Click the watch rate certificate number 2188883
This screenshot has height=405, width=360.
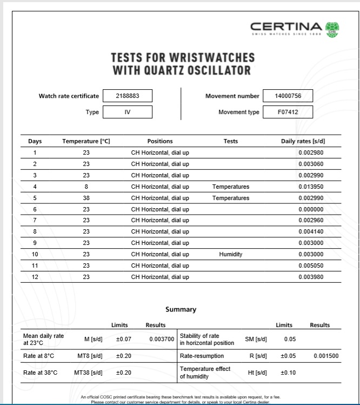click(128, 96)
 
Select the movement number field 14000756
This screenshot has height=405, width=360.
click(288, 96)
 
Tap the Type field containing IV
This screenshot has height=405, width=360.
click(128, 112)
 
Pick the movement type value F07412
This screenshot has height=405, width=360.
click(288, 112)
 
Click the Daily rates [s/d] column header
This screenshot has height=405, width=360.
click(303, 142)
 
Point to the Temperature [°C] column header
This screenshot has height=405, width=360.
click(86, 142)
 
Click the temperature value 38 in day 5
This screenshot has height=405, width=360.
click(86, 198)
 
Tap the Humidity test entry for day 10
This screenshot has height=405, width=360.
click(230, 254)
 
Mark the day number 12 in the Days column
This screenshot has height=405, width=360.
click(35, 277)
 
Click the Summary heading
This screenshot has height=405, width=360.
click(181, 310)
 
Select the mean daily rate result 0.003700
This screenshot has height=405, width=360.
click(162, 339)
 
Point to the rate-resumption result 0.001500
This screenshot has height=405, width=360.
click(326, 356)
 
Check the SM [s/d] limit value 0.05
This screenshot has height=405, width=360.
click(290, 339)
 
